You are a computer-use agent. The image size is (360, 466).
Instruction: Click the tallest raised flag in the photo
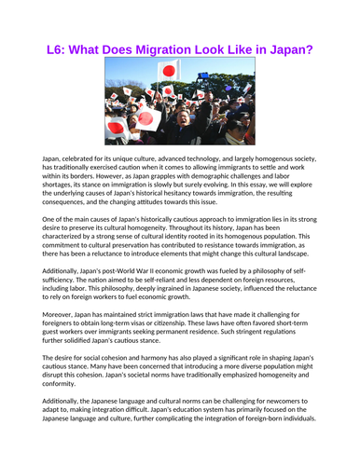coord(169,70)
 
